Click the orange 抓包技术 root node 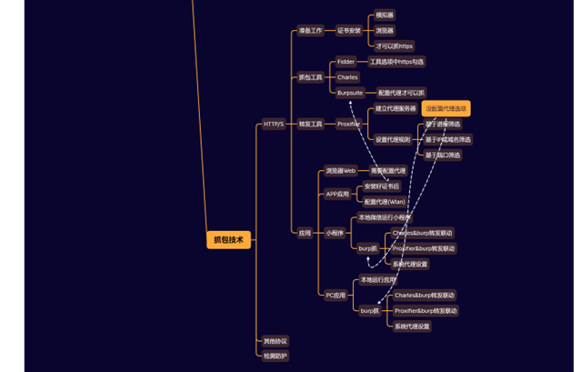228,240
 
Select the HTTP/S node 273,124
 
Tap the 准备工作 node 310,30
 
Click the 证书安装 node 349,30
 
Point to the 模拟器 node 385,15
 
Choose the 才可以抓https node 394,45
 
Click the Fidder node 346,62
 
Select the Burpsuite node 350,93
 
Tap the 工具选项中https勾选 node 396,62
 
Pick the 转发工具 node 311,124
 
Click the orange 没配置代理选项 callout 446,108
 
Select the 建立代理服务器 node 396,108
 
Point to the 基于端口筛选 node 443,155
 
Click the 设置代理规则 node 393,139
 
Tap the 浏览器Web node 341,170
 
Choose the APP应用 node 337,194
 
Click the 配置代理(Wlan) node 385,202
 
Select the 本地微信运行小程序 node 385,217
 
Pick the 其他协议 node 275,341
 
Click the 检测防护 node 275,356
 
